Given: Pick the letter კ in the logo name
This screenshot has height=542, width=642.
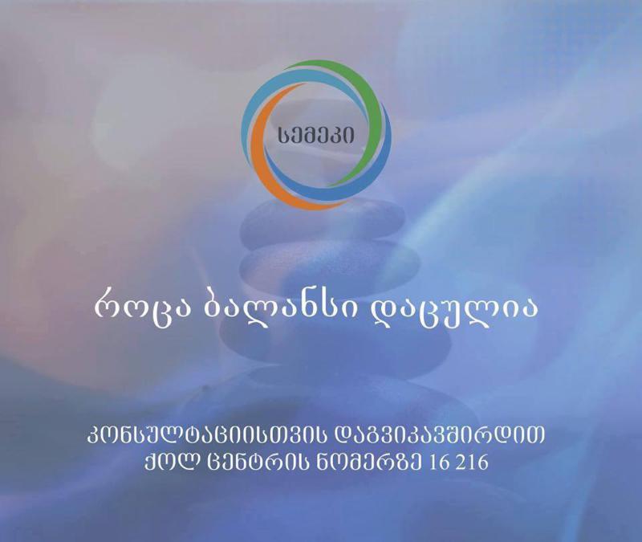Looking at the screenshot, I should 343,134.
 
